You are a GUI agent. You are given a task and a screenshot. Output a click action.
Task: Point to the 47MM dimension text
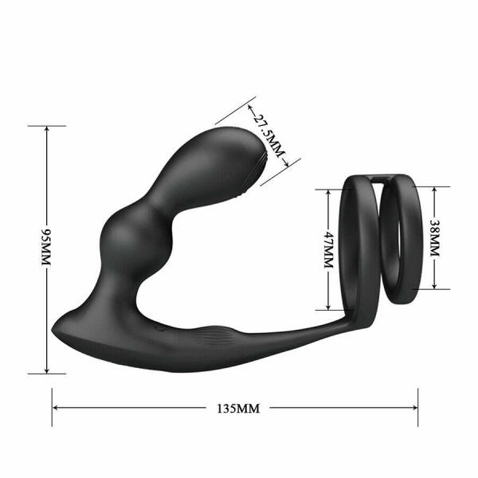327,249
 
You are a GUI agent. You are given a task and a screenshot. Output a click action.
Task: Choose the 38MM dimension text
434,237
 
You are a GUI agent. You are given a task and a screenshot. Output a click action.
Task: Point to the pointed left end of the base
56,328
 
